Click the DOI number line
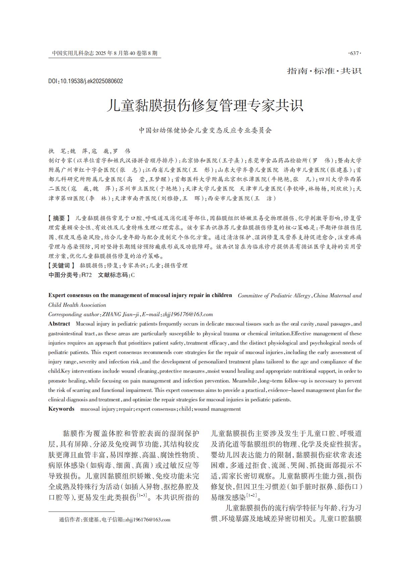point(86,81)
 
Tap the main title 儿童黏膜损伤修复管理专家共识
point(205,105)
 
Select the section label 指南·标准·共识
point(324,71)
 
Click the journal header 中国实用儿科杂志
point(73,53)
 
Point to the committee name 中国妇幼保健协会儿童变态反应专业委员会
point(205,130)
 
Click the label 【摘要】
point(60,218)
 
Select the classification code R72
point(87,275)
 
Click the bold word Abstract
point(59,324)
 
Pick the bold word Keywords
point(61,409)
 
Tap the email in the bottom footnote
point(147,520)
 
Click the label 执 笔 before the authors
point(58,151)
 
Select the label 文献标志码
point(114,275)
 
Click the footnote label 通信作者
point(69,520)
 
